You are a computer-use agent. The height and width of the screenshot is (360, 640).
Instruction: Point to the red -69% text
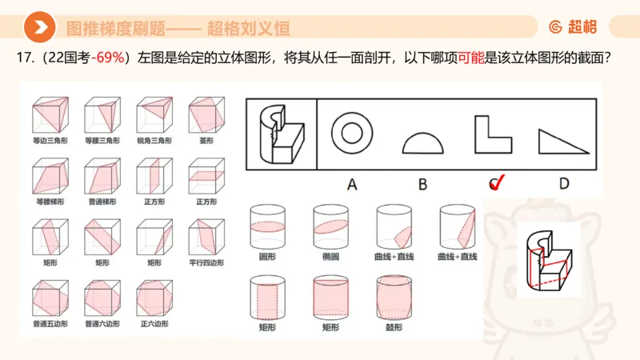pos(111,58)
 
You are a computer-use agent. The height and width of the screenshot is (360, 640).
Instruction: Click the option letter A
pos(351,184)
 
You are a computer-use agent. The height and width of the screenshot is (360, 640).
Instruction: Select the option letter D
pos(563,184)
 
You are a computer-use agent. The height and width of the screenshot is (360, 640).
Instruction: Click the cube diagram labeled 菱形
pos(205,115)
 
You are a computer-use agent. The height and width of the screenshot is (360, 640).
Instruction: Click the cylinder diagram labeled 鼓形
pos(392,297)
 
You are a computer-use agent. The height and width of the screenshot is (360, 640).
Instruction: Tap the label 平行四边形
pos(206,262)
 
